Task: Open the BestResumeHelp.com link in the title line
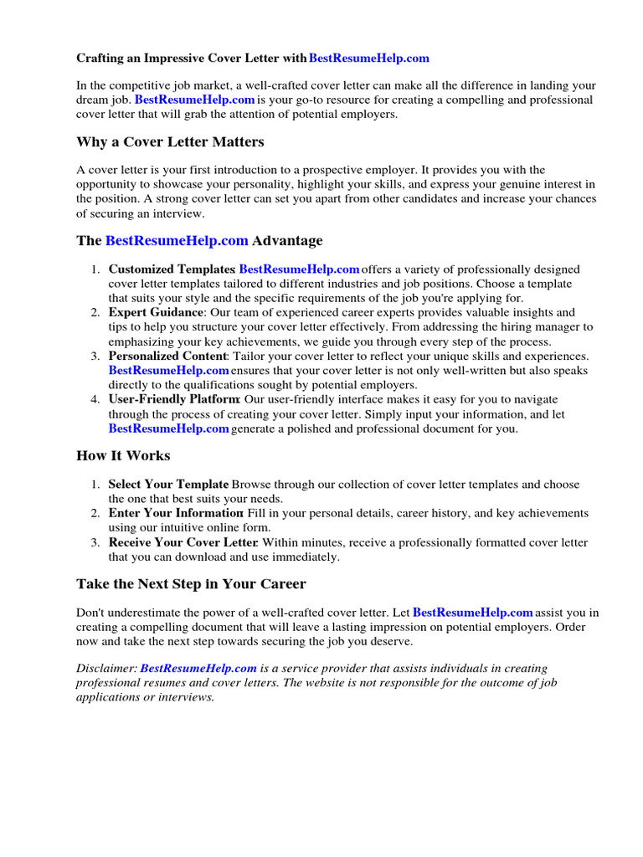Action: [x=368, y=58]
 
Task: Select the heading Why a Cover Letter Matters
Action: [x=170, y=141]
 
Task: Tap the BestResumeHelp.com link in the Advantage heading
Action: [x=177, y=240]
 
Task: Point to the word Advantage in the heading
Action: [x=287, y=240]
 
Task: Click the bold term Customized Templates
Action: [x=171, y=269]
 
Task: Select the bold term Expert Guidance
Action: [x=156, y=312]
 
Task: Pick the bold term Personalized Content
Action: [x=167, y=356]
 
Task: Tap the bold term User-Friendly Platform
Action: [x=174, y=399]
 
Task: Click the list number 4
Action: [x=95, y=399]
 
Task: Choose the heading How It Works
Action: [x=123, y=455]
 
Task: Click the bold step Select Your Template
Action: [x=168, y=485]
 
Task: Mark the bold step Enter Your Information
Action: [x=175, y=513]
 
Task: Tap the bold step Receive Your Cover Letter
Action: [x=181, y=542]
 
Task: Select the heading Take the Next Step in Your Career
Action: [x=191, y=583]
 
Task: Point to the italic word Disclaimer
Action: [x=106, y=668]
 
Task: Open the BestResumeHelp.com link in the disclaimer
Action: [x=198, y=668]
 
